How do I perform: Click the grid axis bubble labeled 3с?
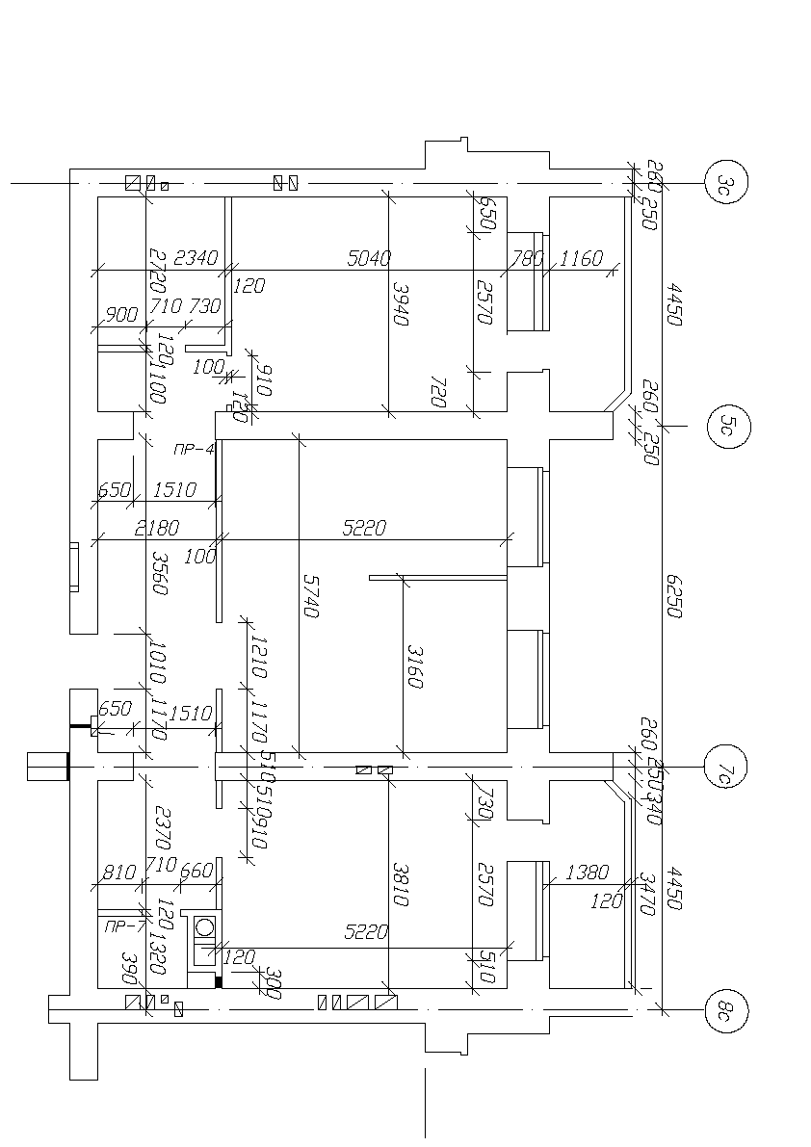click(x=726, y=182)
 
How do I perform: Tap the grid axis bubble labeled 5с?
click(x=728, y=424)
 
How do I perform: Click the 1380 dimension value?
click(x=588, y=873)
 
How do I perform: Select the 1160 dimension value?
click(x=581, y=258)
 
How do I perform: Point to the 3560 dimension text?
click(x=160, y=573)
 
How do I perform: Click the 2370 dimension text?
click(x=160, y=825)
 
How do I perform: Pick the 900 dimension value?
click(x=121, y=314)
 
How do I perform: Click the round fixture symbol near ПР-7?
click(x=204, y=928)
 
